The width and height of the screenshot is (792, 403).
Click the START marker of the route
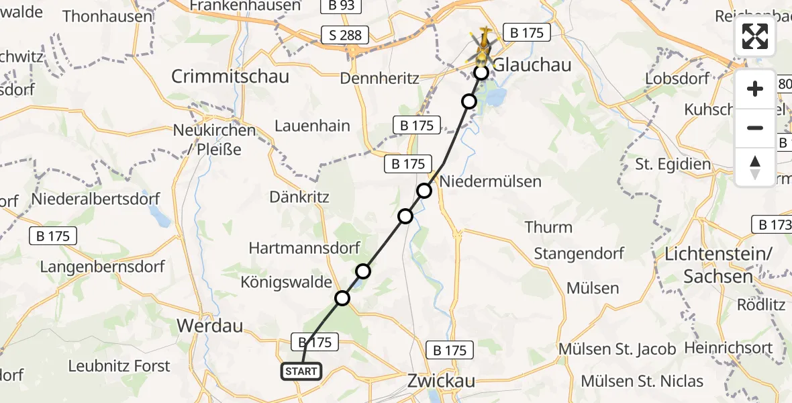tap(301, 371)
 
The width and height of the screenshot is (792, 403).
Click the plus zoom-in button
tap(755, 89)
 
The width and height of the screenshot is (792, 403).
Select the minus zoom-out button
tap(755, 128)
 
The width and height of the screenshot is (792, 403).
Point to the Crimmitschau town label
tap(230, 76)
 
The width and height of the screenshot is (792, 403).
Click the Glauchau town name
tap(532, 64)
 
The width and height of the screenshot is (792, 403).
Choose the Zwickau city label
tap(442, 381)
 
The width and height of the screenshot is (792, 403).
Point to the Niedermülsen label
tap(490, 181)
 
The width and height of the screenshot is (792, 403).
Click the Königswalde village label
tap(287, 282)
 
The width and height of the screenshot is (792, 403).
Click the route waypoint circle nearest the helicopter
tap(481, 73)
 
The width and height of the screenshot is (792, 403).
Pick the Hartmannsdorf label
tap(304, 247)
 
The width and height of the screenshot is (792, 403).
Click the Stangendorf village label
tap(579, 253)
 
